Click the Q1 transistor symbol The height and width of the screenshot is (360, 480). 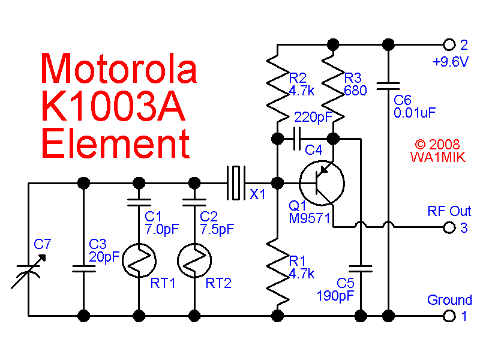(x=322, y=182)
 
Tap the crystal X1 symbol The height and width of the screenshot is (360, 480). (x=235, y=182)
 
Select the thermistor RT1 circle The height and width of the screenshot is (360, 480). (x=139, y=260)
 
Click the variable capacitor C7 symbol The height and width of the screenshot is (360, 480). (x=28, y=268)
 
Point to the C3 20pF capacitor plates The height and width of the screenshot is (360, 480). (x=83, y=268)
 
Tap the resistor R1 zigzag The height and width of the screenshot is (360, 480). (x=277, y=273)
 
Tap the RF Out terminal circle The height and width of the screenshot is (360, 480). (x=448, y=227)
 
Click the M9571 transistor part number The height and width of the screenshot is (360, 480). (x=310, y=218)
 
